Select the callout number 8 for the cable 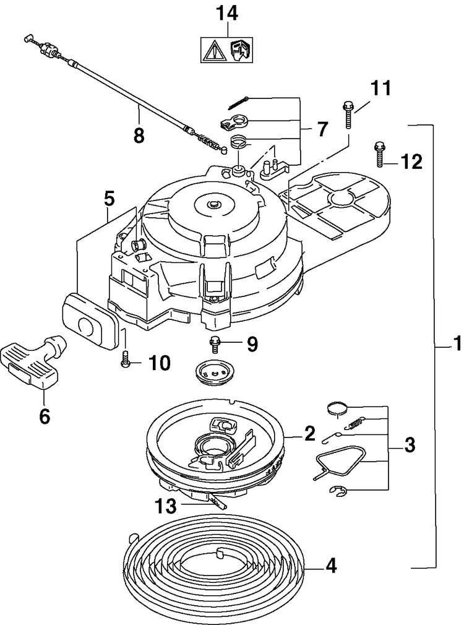click(139, 136)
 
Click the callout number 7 click(322, 129)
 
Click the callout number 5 click(110, 199)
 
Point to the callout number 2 click(309, 433)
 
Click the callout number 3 click(410, 445)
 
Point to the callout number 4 click(330, 566)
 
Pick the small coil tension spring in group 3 click(355, 422)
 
